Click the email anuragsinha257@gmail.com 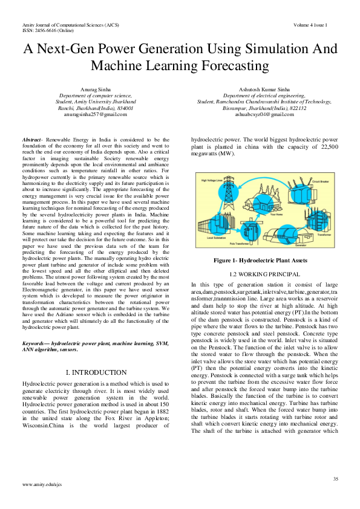[97, 114]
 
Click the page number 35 [335, 479]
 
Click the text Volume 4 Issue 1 [310, 25]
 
